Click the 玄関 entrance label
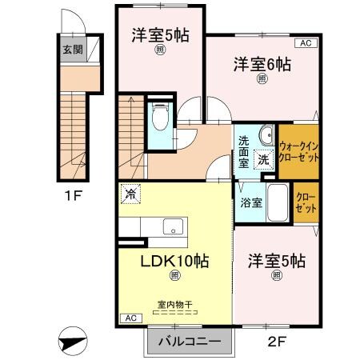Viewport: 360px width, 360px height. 72,50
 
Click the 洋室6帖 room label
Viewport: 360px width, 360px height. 262,65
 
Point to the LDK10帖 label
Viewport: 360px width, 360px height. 175,261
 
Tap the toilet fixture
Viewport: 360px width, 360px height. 160,118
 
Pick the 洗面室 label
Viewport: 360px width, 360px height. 244,152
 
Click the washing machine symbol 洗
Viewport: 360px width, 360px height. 263,158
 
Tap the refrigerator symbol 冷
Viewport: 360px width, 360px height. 131,193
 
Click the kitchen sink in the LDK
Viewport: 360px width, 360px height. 171,227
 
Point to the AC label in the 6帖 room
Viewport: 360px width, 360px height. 306,42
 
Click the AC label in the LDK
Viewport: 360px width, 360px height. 129,318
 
